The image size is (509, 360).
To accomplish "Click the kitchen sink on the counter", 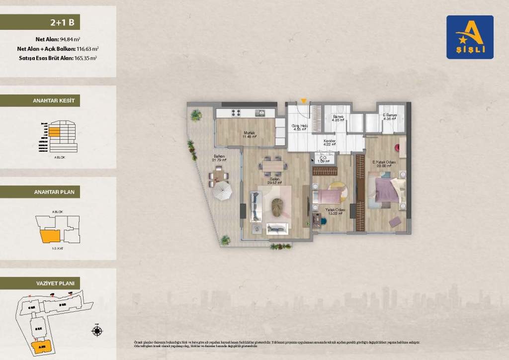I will point(258,112).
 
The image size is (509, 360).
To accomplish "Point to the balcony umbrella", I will point(223,191).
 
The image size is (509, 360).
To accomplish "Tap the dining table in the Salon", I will point(273,164).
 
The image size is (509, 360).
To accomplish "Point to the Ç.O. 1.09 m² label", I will point(324,160).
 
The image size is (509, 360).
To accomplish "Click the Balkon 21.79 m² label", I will point(219,158).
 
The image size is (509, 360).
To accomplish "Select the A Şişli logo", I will point(470,37).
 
